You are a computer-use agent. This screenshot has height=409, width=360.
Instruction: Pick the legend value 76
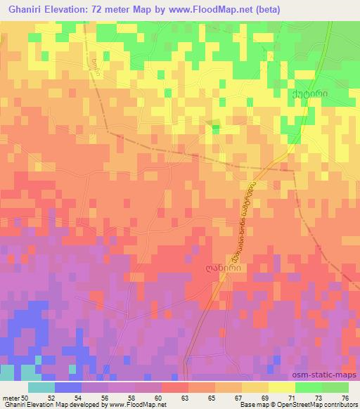click(345, 397)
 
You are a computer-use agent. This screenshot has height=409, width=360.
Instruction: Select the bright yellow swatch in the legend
click(281, 387)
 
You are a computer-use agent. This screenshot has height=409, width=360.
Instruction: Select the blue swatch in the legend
click(67, 387)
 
